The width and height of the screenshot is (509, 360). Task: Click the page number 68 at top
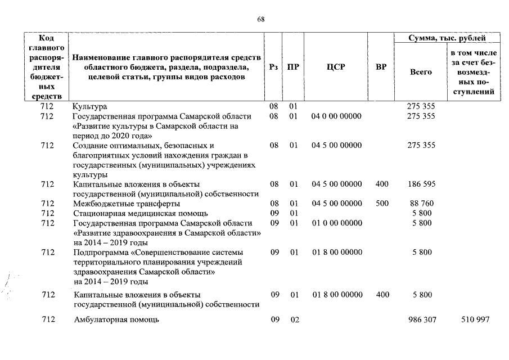click(260, 19)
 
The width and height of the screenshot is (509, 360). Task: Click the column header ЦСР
click(336, 67)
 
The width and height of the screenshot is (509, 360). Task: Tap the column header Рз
click(273, 67)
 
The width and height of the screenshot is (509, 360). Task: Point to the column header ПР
click(293, 67)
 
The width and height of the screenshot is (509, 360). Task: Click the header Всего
click(421, 72)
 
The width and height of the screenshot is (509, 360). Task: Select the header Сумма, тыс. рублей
click(447, 38)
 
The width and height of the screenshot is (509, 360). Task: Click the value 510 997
click(475, 319)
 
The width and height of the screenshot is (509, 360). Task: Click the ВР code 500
click(382, 203)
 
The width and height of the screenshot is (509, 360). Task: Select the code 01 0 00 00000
click(336, 223)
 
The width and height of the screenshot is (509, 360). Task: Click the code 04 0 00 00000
click(336, 116)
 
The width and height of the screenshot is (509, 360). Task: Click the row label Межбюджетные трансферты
click(127, 203)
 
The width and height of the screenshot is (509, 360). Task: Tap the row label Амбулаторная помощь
click(116, 319)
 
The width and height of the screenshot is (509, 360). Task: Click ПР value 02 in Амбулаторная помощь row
click(293, 319)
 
